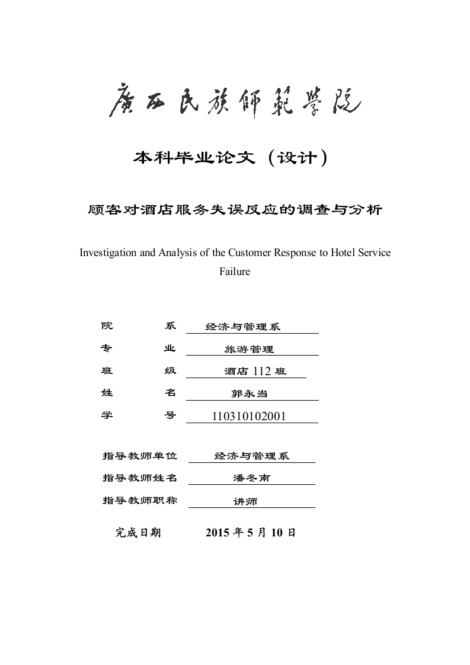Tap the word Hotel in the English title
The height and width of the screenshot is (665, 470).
pyautogui.click(x=331, y=252)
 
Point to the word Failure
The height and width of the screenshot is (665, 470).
pyautogui.click(x=235, y=272)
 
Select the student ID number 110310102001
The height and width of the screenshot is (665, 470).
pyautogui.click(x=249, y=416)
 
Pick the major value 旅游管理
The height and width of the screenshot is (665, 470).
pyautogui.click(x=249, y=350)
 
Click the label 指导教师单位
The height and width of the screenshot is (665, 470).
pyautogui.click(x=140, y=456)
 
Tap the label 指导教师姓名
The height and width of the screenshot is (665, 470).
pyautogui.click(x=140, y=478)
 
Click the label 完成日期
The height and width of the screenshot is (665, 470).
pyautogui.click(x=138, y=532)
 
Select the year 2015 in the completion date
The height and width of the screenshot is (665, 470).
pyautogui.click(x=218, y=532)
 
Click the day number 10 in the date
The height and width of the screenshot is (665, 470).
pyautogui.click(x=278, y=532)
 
